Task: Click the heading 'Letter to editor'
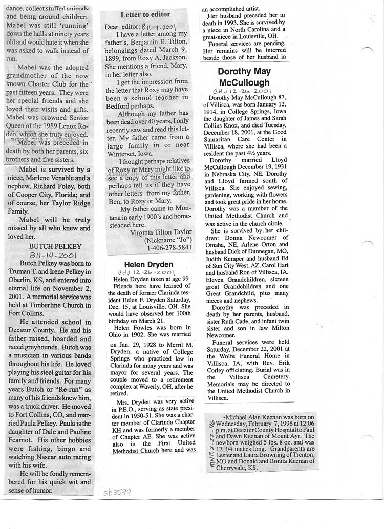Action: point(145,14)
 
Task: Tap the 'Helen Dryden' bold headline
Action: point(141,264)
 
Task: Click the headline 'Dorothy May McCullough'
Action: point(244,77)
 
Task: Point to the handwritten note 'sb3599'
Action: point(117,492)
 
